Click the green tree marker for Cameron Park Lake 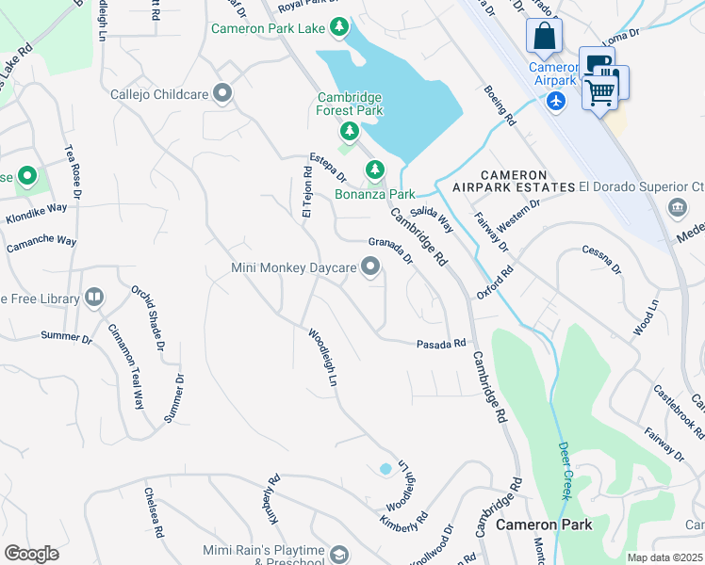(x=340, y=28)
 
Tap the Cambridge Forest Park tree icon (x=350, y=131)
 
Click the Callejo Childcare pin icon (x=222, y=93)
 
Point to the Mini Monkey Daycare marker (x=370, y=269)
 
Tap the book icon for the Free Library (x=93, y=299)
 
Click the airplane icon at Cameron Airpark (x=556, y=100)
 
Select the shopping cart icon (x=600, y=92)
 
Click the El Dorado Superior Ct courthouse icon (x=677, y=207)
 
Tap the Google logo (x=31, y=554)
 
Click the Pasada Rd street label (x=441, y=345)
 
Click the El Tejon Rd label (x=306, y=193)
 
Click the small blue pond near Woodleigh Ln (x=385, y=468)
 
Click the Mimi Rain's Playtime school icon (x=339, y=555)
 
